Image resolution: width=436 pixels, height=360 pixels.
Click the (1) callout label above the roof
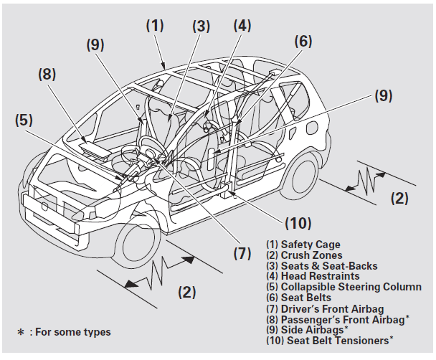tap(155, 25)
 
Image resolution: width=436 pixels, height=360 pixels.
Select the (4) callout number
tap(242, 27)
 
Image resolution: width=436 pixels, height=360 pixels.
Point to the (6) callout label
tap(303, 42)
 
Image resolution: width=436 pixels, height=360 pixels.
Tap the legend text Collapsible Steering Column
tap(343, 287)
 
